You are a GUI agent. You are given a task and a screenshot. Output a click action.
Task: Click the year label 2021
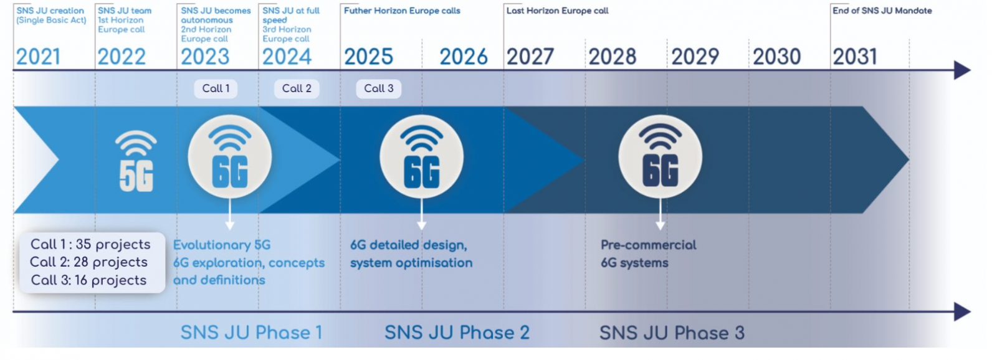[x=38, y=57]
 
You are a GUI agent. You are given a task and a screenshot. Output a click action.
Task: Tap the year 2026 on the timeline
[x=464, y=57]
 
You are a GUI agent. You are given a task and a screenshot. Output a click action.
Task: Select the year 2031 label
[x=854, y=57]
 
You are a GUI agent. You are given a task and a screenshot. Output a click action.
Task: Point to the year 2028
[x=612, y=57]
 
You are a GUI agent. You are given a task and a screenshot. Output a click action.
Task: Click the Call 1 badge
[x=216, y=88]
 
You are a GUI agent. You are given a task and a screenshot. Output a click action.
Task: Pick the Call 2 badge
[x=297, y=88]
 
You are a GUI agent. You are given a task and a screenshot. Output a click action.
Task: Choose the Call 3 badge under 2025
[x=378, y=88]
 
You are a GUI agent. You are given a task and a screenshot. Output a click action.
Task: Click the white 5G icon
[x=136, y=161]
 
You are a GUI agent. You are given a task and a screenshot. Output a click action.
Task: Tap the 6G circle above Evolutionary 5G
[x=230, y=156]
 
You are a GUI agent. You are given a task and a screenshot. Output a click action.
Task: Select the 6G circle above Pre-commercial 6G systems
[x=660, y=156]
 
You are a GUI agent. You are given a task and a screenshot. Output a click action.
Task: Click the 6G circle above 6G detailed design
[x=421, y=156]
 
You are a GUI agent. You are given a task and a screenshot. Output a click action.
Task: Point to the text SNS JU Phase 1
[x=252, y=333]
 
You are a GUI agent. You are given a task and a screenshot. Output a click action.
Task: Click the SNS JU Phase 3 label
[x=672, y=333]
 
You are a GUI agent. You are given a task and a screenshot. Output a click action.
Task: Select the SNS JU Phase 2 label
[x=457, y=333]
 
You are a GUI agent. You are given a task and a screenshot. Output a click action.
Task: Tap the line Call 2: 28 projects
[x=88, y=262]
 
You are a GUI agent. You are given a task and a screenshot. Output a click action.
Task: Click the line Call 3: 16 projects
[x=88, y=280]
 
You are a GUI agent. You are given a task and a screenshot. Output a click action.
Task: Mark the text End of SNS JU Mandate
[x=882, y=11]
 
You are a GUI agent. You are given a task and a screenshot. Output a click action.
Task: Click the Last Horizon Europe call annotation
[x=557, y=11]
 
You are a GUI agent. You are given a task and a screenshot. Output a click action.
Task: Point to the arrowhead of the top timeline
[x=962, y=70]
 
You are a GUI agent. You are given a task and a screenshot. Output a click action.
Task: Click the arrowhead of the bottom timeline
[x=962, y=311]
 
